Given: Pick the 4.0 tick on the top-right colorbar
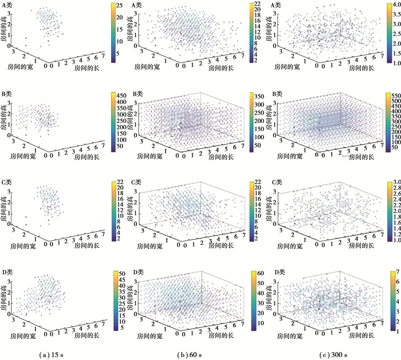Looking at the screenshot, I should (393, 5).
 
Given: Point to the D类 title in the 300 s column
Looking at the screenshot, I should (276, 271).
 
